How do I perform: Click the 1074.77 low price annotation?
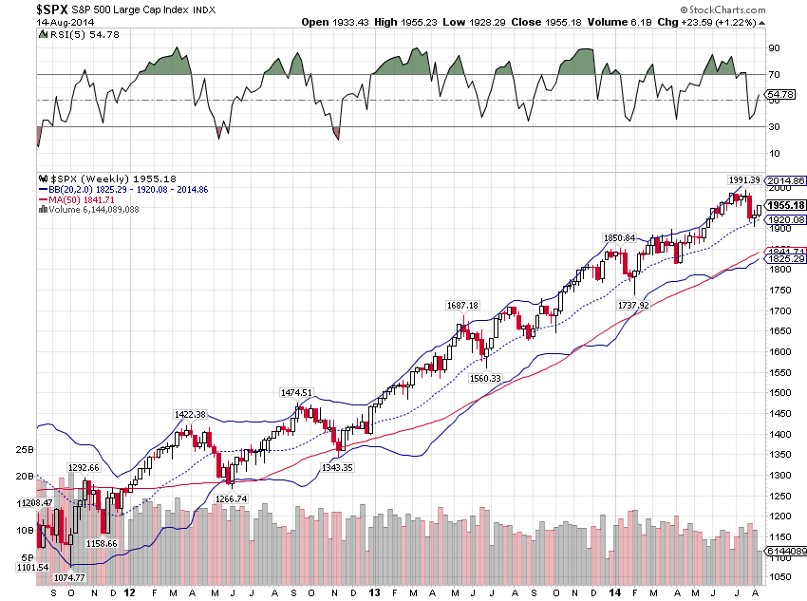pyautogui.click(x=67, y=577)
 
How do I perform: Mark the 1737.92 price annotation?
pyautogui.click(x=632, y=306)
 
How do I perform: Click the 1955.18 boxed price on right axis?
pyautogui.click(x=788, y=205)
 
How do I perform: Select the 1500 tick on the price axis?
pyautogui.click(x=779, y=392)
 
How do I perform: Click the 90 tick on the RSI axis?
pyautogui.click(x=775, y=47)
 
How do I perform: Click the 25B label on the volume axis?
pyautogui.click(x=24, y=449)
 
